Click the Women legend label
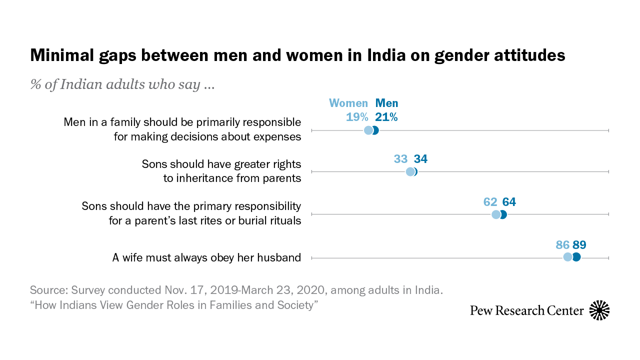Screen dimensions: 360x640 tap(348, 103)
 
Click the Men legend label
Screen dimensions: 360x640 tap(386, 103)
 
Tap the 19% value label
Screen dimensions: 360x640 tap(356, 117)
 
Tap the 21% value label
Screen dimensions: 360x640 tap(386, 117)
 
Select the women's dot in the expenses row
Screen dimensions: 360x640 tap(368, 130)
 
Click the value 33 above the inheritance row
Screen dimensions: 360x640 tap(401, 159)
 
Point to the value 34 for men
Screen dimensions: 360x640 tap(420, 159)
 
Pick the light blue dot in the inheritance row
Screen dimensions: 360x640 tap(410, 172)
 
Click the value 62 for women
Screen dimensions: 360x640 tap(490, 202)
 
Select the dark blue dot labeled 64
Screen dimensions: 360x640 tap(503, 214)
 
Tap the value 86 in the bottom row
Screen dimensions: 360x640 tap(562, 245)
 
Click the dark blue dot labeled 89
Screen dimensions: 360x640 tap(576, 257)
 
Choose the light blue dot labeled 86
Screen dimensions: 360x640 tap(567, 257)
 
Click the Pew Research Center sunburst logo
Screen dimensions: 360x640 tap(599, 310)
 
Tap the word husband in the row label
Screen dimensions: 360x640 tap(279, 258)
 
